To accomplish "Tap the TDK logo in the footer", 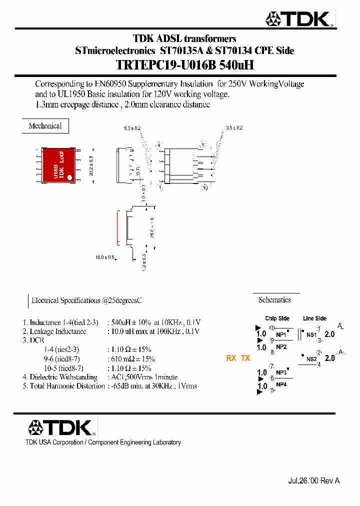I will [61, 428].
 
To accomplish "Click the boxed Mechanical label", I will [45, 126].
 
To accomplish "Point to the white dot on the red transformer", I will [70, 177].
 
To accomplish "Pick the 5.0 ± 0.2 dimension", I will [132, 128].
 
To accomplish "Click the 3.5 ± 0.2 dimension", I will [234, 128].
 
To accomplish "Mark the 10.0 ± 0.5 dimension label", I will [105, 257].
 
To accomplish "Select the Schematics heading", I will [274, 300].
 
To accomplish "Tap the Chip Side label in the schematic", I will [277, 318].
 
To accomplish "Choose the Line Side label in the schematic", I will [314, 318].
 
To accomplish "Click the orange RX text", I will [231, 358].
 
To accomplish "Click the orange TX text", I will [245, 358].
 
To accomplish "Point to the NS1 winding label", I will [311, 334].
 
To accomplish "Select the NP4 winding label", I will [281, 384].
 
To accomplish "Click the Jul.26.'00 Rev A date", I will [313, 480].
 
